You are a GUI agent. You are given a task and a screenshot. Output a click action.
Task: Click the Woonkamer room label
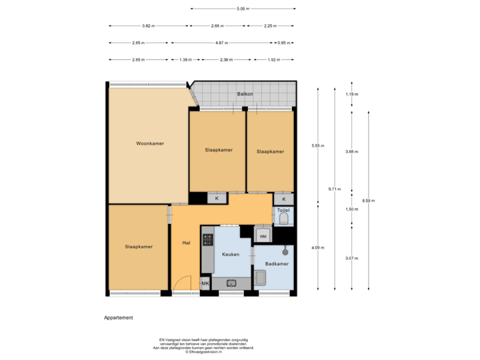point(150,143)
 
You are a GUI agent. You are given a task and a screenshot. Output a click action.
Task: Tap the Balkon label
point(245,94)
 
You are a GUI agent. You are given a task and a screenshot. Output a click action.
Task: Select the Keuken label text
point(231,254)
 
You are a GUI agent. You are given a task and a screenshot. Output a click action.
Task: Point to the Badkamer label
point(276,264)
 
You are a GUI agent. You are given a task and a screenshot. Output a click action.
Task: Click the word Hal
point(186,242)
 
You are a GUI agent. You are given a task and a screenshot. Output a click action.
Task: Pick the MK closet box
point(205,283)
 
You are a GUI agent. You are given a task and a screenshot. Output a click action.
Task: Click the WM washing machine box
point(263,236)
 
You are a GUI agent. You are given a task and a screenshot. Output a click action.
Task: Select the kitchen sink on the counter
point(232,283)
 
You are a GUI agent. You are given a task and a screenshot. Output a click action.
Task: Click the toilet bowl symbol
point(284,219)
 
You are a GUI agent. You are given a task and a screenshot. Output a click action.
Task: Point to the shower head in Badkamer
point(285,251)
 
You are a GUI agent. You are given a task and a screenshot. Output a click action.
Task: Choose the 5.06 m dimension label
point(243,9)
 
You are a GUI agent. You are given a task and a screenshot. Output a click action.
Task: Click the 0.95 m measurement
point(284,43)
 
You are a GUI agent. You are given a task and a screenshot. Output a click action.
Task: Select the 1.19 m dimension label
point(351,94)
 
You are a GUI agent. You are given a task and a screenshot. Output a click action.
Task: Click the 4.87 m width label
point(223,43)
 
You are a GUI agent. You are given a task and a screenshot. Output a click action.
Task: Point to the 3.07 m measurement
point(351,259)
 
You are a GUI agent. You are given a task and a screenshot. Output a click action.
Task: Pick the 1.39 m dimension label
point(185,59)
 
